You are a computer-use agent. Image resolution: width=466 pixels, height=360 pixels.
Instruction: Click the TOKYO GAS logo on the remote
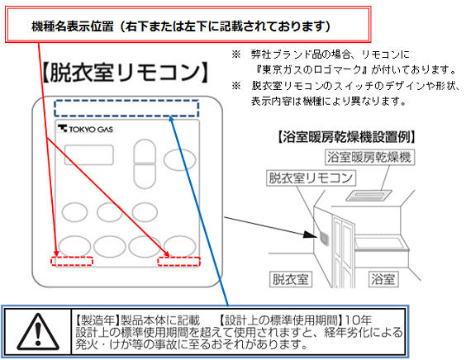[x=85, y=129]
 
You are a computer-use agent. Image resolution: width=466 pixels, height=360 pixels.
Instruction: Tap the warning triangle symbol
[x=38, y=333]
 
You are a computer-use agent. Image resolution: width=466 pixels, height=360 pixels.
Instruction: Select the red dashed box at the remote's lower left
[x=72, y=261]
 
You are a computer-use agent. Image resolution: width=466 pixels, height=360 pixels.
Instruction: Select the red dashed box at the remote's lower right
[x=179, y=261]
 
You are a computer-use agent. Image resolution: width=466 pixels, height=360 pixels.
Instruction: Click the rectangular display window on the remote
[x=89, y=154]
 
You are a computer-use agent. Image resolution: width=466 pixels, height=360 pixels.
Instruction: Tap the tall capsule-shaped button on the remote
[x=145, y=164]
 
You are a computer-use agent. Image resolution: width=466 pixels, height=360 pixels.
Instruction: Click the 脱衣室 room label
[x=291, y=279]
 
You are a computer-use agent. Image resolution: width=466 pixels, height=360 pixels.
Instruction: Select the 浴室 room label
[x=383, y=279]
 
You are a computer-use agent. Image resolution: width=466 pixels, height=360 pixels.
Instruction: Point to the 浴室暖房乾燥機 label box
[x=369, y=157]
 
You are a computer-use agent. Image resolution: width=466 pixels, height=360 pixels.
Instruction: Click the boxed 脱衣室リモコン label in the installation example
[x=311, y=178]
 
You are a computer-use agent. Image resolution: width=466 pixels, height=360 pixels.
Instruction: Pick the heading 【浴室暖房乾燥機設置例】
[x=346, y=137]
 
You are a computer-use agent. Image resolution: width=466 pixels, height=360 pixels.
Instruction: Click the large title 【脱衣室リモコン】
[x=125, y=73]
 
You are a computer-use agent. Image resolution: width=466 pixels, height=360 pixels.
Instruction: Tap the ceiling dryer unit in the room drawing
[x=369, y=196]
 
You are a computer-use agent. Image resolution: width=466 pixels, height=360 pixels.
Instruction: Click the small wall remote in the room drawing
[x=325, y=239]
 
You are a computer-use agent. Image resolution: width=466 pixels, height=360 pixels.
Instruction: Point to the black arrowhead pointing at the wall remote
[x=311, y=234]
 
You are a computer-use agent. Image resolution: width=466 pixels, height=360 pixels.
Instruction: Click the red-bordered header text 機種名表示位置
[x=73, y=26]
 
